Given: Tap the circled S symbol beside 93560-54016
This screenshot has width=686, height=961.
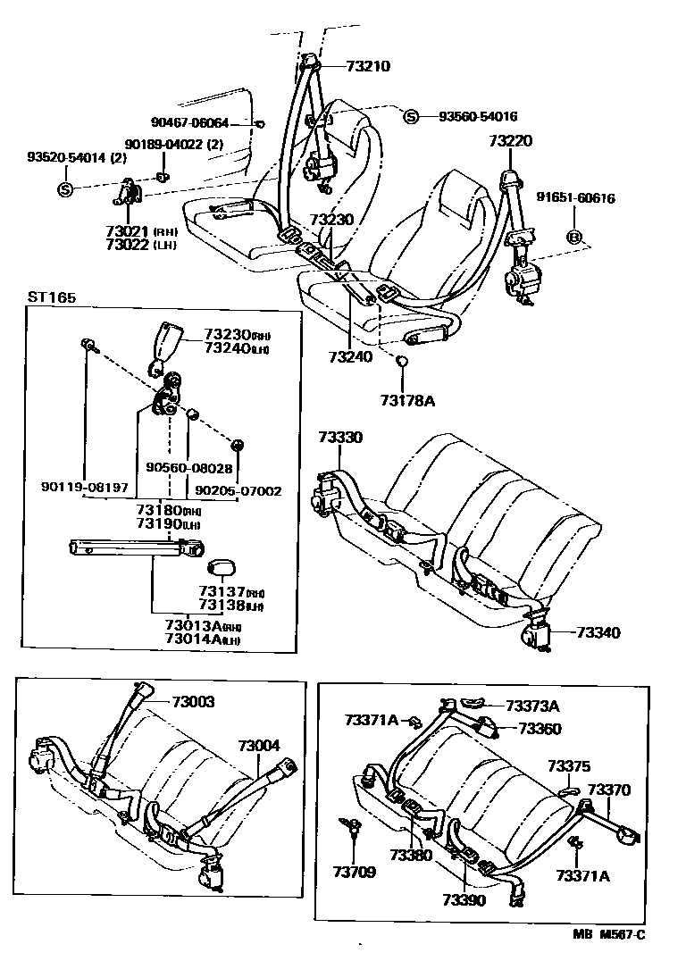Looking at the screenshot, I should click(x=411, y=116).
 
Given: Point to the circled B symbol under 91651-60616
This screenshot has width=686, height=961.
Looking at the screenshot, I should click(x=575, y=237).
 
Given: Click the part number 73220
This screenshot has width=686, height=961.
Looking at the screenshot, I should click(x=510, y=140).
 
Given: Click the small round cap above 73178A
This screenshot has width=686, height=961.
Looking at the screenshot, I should click(x=403, y=360).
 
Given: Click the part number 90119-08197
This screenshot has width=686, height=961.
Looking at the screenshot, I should click(x=85, y=489).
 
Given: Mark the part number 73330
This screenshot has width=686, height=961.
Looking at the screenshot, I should click(x=340, y=438).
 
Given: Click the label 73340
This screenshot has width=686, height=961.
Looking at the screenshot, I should click(x=598, y=632).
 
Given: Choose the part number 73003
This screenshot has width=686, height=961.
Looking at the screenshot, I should click(x=192, y=703).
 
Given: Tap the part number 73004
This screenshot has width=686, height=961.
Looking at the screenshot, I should click(x=258, y=745).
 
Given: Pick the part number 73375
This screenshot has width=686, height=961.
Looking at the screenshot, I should click(x=569, y=766).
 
